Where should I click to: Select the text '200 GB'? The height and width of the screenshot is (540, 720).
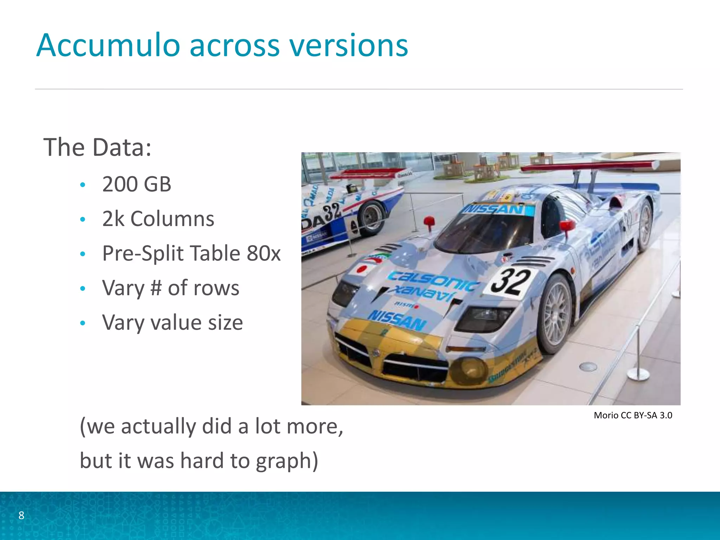[x=136, y=184]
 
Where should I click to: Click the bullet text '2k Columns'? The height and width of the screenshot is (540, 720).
[x=158, y=219]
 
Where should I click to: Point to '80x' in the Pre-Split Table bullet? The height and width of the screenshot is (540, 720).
[x=264, y=253]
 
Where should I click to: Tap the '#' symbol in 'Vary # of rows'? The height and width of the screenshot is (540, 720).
[x=156, y=288]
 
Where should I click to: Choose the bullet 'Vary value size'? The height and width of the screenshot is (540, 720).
[x=172, y=322]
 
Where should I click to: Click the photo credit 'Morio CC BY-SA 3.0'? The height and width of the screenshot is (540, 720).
[x=633, y=415]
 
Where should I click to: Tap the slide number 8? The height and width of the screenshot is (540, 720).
[x=21, y=515]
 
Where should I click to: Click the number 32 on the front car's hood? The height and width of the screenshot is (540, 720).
[x=510, y=281]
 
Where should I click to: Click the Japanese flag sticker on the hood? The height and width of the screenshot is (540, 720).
[x=362, y=269]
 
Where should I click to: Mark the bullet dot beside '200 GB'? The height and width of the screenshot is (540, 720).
[x=83, y=185]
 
